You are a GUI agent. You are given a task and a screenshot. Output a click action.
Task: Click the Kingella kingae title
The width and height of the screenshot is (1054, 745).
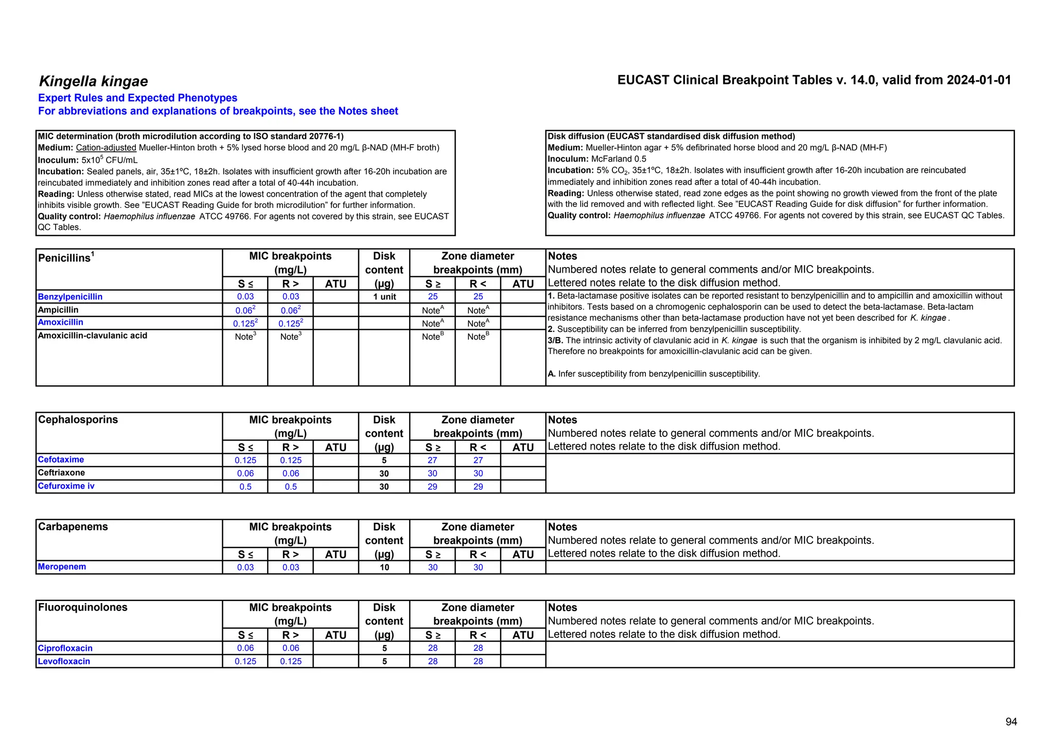93,81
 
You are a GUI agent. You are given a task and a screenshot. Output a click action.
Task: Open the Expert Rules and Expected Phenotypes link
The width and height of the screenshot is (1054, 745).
137,98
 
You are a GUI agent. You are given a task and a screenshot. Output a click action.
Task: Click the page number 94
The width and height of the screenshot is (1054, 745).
1011,722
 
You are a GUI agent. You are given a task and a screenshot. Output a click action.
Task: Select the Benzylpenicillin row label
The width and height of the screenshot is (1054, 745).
70,297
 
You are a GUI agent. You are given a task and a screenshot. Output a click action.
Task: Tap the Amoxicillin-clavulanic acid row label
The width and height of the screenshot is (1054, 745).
93,335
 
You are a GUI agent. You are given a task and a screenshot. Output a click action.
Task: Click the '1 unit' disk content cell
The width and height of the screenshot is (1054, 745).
384,297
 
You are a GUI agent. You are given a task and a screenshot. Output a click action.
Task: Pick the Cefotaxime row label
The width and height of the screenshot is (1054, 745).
61,459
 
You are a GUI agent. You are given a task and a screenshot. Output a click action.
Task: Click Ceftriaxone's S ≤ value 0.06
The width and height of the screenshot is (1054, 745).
245,473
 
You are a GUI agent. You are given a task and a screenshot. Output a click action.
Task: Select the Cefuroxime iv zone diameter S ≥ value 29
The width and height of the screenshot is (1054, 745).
432,487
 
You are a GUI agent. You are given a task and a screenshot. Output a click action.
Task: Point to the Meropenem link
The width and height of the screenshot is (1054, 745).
62,566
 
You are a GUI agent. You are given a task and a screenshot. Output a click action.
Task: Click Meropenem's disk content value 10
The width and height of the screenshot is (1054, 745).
384,567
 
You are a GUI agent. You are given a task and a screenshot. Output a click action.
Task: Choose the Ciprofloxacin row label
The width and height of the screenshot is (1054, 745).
65,648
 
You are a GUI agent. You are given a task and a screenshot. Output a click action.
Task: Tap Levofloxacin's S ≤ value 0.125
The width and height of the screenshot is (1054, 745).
245,662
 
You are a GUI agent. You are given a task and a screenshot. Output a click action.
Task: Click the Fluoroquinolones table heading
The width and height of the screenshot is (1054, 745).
82,607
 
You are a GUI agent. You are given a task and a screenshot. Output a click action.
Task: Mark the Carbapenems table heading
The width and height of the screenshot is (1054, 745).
73,526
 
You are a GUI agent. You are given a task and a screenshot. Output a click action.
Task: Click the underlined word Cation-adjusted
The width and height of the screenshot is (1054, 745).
106,148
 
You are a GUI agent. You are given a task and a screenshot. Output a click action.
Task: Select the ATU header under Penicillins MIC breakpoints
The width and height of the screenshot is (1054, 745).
336,283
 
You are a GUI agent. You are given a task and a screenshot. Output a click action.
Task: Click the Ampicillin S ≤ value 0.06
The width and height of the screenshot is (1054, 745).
244,310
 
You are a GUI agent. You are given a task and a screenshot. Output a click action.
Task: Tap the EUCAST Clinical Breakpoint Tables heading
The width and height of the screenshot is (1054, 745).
814,80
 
